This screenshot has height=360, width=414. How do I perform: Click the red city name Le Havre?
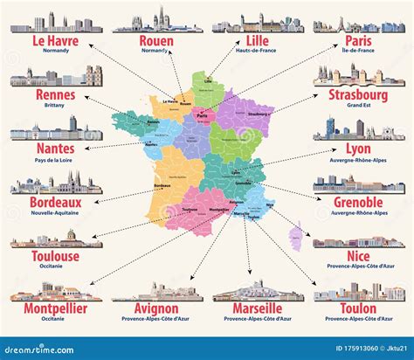click(x=55, y=41)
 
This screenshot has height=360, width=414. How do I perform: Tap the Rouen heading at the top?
click(x=156, y=41)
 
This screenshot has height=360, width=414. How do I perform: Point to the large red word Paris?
click(x=358, y=41)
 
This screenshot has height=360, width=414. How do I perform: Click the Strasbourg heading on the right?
click(x=358, y=94)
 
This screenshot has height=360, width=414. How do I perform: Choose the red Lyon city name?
click(x=358, y=149)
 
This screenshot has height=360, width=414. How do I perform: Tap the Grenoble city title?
click(x=358, y=202)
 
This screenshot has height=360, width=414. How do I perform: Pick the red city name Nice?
click(x=358, y=256)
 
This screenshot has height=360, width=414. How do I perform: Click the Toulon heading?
click(x=358, y=308)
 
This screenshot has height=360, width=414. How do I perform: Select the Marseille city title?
click(x=258, y=308)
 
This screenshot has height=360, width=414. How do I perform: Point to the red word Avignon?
click(x=157, y=308)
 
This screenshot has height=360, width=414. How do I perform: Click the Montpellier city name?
click(x=56, y=308)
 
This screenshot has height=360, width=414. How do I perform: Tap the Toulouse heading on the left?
click(x=56, y=256)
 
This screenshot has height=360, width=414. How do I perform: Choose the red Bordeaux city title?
click(x=56, y=202)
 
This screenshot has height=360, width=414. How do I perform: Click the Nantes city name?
click(x=56, y=149)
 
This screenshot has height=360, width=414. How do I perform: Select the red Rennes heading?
click(x=56, y=94)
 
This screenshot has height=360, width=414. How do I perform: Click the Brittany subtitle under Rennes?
click(x=56, y=105)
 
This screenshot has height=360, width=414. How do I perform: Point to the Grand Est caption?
click(x=358, y=105)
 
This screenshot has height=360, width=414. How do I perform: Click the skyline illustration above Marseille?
click(x=258, y=291)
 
